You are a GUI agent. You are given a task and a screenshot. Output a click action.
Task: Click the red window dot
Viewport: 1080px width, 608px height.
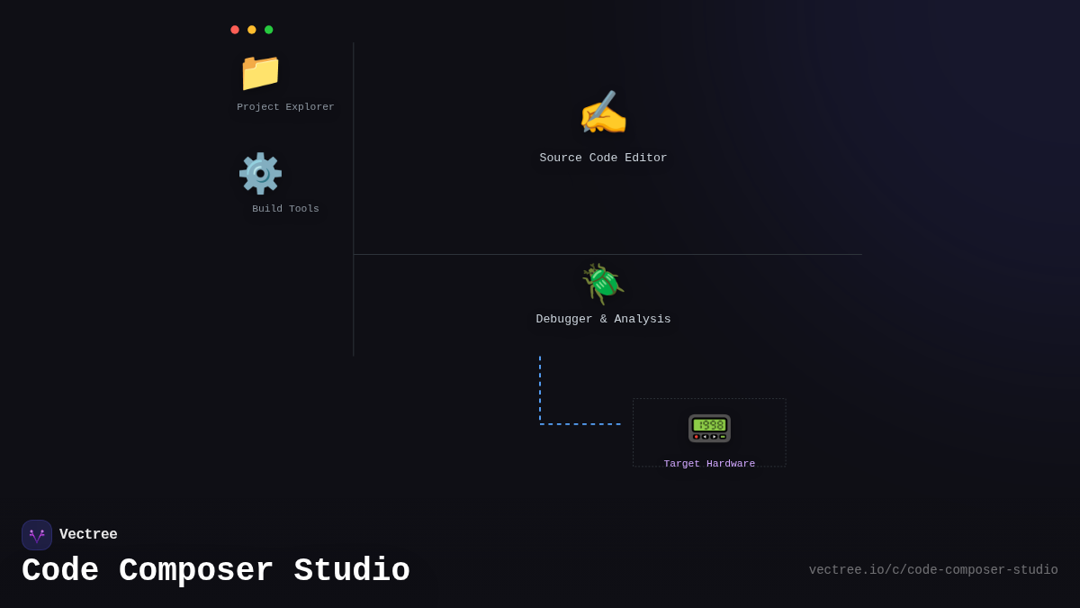tap(235, 30)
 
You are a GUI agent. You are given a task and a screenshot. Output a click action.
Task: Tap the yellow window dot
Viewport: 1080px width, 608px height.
tap(252, 30)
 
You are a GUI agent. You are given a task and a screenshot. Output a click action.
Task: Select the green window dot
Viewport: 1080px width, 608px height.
tap(268, 30)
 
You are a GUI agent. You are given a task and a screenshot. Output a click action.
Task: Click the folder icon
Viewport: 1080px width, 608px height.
tap(260, 72)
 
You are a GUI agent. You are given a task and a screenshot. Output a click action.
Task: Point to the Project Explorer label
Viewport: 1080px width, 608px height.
tap(285, 107)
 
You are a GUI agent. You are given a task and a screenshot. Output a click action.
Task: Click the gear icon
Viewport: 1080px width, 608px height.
tap(260, 174)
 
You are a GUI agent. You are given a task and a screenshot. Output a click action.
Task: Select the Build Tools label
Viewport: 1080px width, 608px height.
tap(285, 209)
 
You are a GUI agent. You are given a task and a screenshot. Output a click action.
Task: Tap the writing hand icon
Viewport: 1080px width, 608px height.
tap(603, 114)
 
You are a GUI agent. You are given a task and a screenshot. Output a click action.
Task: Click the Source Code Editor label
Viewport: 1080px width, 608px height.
tap(603, 159)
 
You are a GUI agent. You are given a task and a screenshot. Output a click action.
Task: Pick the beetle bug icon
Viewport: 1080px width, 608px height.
tap(603, 284)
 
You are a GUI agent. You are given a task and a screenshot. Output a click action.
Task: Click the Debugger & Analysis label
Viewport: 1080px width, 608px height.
tap(603, 320)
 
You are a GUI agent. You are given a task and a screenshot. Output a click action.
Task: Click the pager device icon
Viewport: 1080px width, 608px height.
tap(709, 428)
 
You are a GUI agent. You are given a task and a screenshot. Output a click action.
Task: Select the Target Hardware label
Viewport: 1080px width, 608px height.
tap(709, 464)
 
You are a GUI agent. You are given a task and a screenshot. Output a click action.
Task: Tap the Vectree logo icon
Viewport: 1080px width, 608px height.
tap(37, 535)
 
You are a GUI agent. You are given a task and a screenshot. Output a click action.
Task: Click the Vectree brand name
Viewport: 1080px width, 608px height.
tap(88, 535)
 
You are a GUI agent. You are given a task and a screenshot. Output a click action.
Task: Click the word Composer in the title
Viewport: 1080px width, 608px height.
tap(196, 571)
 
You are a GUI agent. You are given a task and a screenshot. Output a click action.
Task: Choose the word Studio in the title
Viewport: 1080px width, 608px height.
tap(352, 571)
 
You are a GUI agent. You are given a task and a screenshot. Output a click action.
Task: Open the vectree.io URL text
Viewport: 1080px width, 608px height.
tap(933, 570)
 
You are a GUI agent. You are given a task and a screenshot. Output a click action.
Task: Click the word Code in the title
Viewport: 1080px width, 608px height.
tap(59, 571)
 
